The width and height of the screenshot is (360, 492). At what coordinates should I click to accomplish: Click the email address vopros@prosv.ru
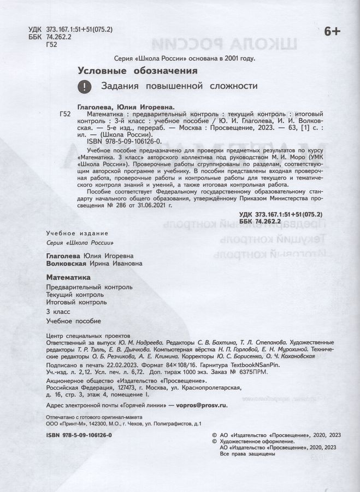[x=202, y=405]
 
